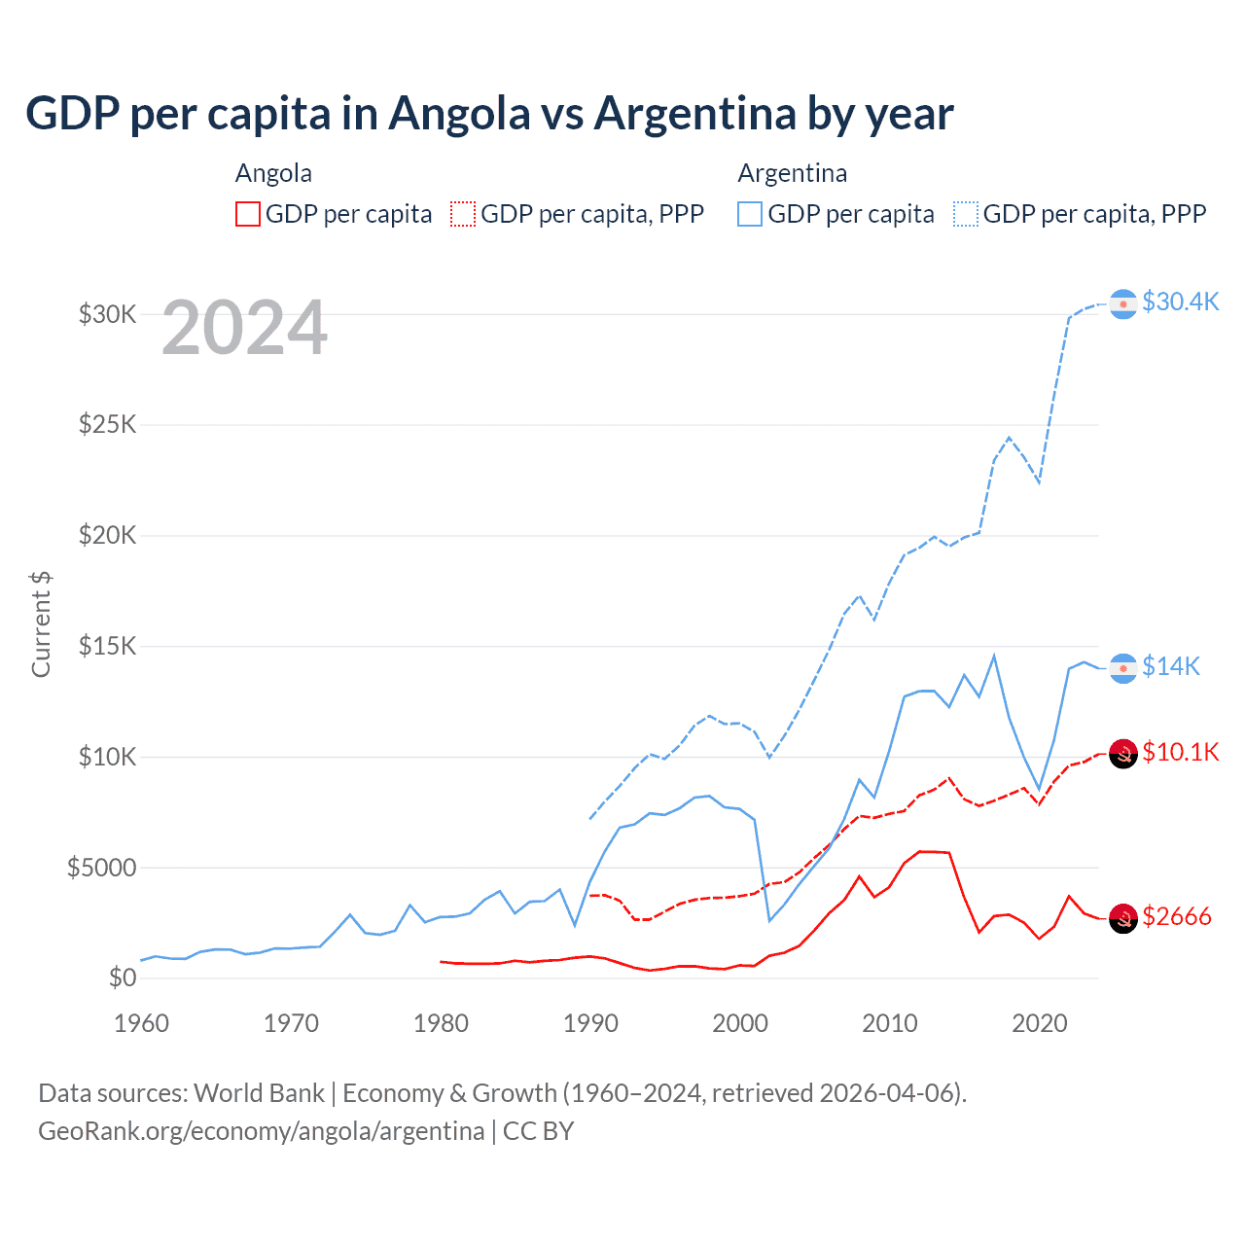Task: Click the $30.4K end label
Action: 1180,302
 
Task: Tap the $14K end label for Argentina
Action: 1170,666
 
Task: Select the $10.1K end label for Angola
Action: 1180,752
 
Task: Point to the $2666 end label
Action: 1177,916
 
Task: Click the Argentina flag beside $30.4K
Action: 1123,304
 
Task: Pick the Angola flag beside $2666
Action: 1123,918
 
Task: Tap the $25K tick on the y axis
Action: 108,425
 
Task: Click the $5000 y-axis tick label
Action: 102,868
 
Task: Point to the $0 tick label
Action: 123,978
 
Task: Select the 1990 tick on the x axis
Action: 590,1023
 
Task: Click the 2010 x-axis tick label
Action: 890,1023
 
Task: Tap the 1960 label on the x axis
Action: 142,1023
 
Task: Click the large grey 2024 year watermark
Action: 244,329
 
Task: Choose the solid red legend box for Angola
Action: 248,214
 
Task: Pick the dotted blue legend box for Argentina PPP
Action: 966,214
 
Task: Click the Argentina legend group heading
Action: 792,173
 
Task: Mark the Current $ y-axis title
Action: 41,624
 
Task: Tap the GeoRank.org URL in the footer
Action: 261,1131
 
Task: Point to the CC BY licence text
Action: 538,1131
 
